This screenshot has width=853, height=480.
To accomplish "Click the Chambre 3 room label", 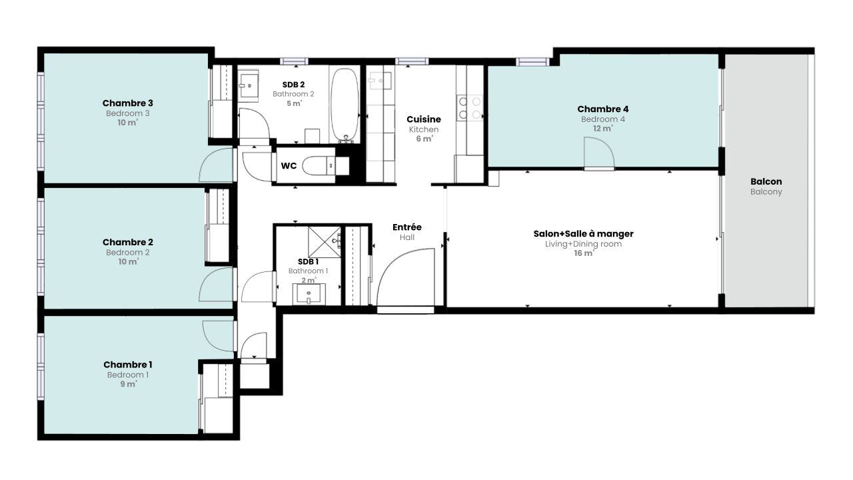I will point(128,103).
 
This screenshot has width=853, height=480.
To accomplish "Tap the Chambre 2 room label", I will point(128,242).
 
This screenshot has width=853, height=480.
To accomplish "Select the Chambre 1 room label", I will point(128,365).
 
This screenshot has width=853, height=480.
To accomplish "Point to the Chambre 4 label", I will point(602,109).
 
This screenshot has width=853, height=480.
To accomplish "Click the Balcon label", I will point(766,181).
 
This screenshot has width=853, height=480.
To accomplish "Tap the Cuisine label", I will point(424,119).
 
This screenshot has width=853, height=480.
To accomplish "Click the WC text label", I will point(289,165).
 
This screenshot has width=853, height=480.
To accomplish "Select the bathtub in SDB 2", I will point(345,104).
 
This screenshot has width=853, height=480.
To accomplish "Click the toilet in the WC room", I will point(318,165).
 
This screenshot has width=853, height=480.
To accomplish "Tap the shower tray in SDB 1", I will point(323,241).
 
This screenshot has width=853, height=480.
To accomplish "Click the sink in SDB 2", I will point(250,83).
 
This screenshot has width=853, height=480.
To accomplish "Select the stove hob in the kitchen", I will point(469,108).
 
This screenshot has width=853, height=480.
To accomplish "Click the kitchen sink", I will point(380,81).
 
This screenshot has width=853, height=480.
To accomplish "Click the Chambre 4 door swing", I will point(598,153).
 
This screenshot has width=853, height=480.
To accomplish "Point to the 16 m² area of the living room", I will point(583,253).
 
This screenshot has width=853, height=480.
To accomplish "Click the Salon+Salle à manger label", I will point(583,233).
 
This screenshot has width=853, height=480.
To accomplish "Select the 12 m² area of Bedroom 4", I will point(602,129).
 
